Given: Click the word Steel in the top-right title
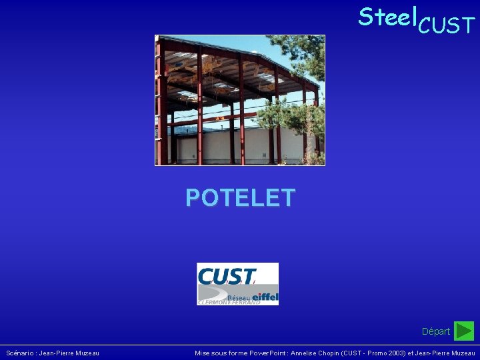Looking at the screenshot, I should pos(386,17).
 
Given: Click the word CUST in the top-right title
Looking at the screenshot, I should pos(446,26).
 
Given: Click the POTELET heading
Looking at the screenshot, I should pos(240,198).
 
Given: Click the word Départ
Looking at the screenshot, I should pos(436,331).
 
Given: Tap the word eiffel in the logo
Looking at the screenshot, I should pos(265,296).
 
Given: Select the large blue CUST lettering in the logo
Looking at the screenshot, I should pos(227,275).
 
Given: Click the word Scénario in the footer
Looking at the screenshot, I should pos(21,353).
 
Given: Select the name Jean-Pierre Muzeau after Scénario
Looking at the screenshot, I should pos(70,353).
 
